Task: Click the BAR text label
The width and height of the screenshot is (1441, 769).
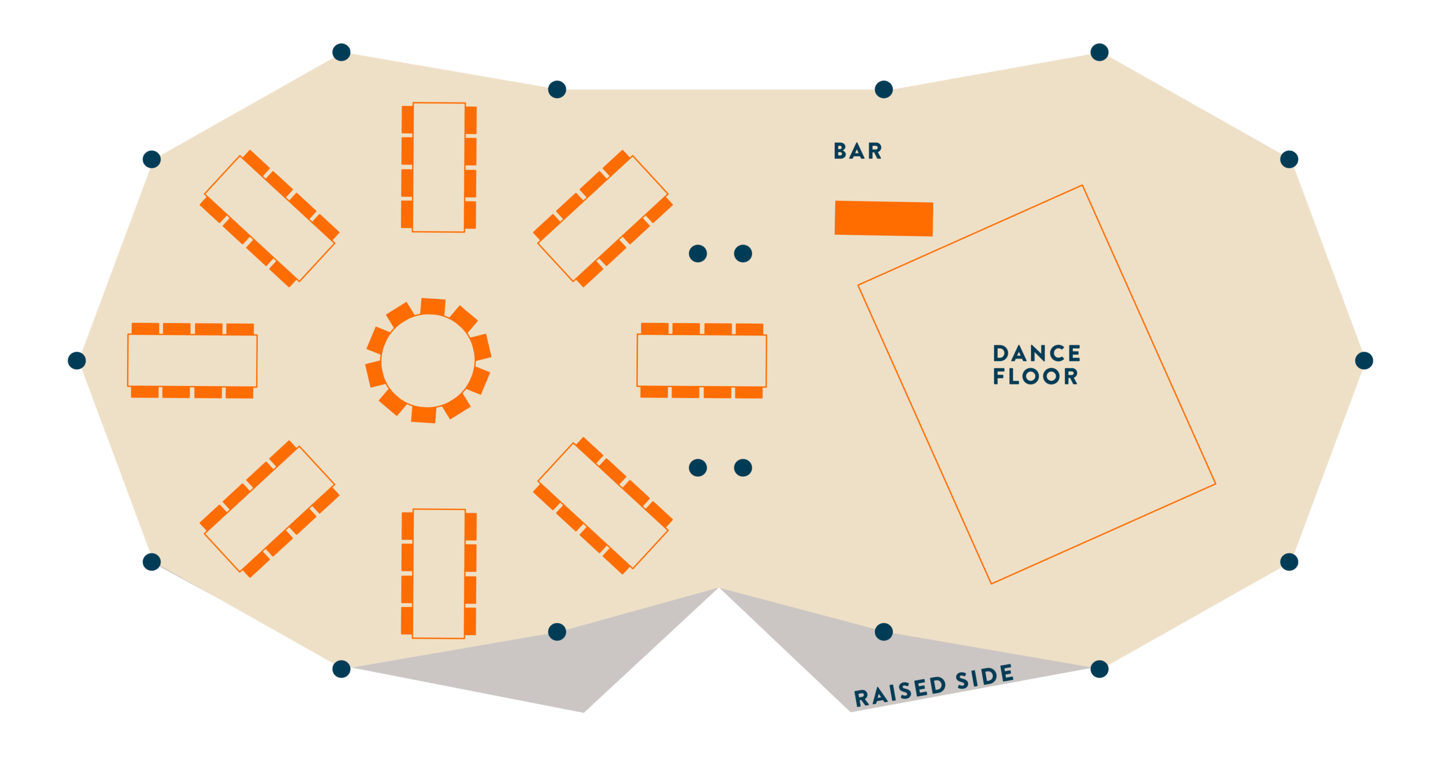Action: click(x=857, y=151)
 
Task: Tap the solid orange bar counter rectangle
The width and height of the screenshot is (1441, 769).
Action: click(x=884, y=218)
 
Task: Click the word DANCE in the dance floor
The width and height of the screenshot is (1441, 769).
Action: click(x=1036, y=354)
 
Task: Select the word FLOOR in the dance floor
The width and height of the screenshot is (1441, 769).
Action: click(x=1035, y=376)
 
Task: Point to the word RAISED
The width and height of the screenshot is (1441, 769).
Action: click(x=900, y=691)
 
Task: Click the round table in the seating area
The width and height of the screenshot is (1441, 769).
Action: click(x=428, y=360)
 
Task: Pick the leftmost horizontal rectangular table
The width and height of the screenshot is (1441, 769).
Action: click(x=193, y=360)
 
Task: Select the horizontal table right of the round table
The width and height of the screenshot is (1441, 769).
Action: click(x=701, y=360)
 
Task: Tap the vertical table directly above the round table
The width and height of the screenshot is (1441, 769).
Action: click(x=439, y=167)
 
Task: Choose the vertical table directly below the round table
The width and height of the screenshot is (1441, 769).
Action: click(x=439, y=574)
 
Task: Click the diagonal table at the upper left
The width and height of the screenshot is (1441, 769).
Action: click(x=270, y=218)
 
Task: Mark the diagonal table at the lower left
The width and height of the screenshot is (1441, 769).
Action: click(x=270, y=509)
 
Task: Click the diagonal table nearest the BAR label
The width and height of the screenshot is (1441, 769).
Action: click(x=603, y=218)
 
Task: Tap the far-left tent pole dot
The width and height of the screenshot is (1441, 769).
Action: click(x=77, y=360)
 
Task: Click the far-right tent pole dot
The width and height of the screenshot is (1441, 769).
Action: click(x=1364, y=360)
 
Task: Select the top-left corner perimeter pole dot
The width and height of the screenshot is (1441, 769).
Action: click(x=341, y=52)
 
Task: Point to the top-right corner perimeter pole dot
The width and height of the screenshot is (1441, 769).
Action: click(x=1099, y=52)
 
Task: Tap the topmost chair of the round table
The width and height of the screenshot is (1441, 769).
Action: click(x=433, y=307)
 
